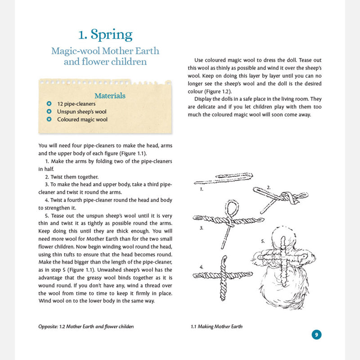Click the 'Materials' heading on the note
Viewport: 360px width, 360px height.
point(110,95)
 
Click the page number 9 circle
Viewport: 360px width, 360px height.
point(316,334)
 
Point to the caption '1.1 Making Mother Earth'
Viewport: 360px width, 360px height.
point(216,326)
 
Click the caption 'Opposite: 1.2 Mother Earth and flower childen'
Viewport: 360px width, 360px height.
point(86,326)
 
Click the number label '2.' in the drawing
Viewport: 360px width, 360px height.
point(268,186)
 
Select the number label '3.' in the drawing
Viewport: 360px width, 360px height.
point(202,228)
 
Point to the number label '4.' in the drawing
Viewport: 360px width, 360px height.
point(202,267)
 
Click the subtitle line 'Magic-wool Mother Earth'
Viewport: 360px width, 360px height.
point(105,50)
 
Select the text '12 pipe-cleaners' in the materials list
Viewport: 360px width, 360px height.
point(76,103)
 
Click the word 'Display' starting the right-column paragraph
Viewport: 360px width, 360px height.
point(202,99)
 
